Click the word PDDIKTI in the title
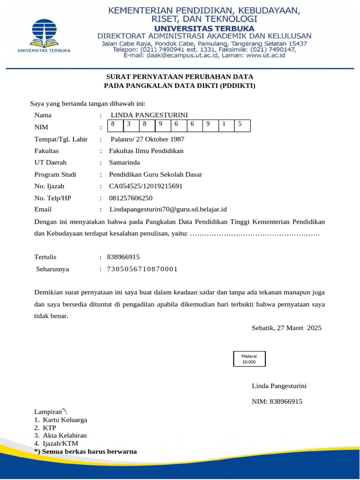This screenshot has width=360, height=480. (238, 85)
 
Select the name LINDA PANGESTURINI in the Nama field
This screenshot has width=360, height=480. (149, 115)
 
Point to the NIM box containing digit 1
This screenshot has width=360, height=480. (226, 125)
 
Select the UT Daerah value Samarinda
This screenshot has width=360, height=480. (124, 163)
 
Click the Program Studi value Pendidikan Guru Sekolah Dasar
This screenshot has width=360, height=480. (155, 174)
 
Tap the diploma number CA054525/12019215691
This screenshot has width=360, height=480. (145, 186)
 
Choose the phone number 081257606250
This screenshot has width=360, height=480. (131, 198)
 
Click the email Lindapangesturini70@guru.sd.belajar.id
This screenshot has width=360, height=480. (168, 209)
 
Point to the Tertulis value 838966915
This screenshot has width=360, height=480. (123, 257)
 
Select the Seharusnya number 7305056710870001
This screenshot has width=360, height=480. (142, 269)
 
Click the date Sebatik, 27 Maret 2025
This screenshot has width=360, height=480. (286, 328)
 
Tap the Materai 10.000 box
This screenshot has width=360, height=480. (249, 359)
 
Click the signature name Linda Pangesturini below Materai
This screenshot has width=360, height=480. (279, 386)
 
